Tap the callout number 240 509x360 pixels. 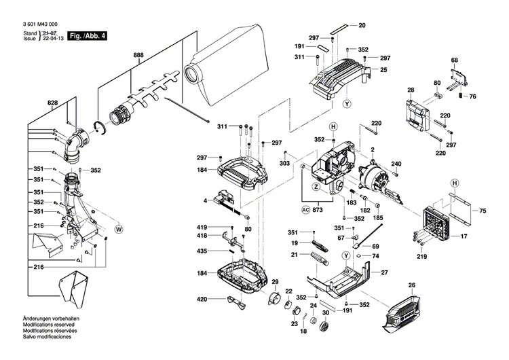click(x=396, y=164)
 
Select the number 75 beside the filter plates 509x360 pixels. click(x=483, y=212)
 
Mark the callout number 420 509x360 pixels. click(x=202, y=300)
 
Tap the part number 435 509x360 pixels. click(x=202, y=251)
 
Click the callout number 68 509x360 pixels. click(x=454, y=60)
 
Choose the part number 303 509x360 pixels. click(x=284, y=164)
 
